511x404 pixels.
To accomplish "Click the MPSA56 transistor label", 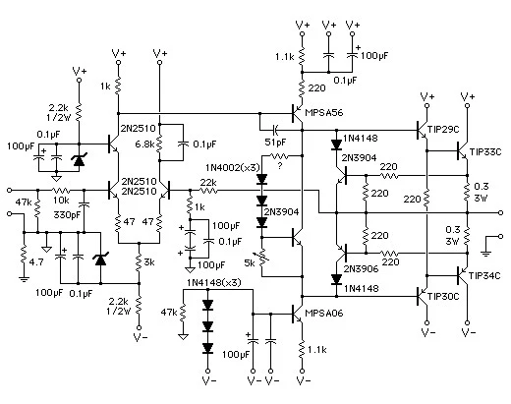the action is click(x=323, y=113).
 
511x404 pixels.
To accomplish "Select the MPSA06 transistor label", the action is click(x=324, y=314).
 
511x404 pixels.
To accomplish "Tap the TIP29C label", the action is click(x=443, y=130).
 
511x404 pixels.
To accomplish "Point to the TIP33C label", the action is click(x=485, y=152).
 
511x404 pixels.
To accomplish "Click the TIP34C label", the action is click(x=484, y=276).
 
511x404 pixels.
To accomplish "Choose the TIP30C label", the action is click(x=443, y=297).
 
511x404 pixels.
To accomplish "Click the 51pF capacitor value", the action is click(x=275, y=143).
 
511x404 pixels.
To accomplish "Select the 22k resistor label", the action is click(x=208, y=182).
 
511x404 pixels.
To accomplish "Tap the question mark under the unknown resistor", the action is click(x=279, y=166).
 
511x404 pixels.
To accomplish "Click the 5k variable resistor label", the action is click(x=250, y=262).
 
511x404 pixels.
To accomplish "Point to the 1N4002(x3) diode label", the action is click(x=233, y=168).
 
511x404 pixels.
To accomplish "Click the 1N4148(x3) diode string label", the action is click(x=214, y=282).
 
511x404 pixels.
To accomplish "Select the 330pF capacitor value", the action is click(x=67, y=215).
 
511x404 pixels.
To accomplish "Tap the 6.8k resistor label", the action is click(x=144, y=144).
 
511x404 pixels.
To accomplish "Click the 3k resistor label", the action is click(x=149, y=262).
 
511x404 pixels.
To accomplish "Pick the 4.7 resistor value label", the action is click(x=36, y=262).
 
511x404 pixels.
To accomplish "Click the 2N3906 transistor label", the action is click(x=361, y=268).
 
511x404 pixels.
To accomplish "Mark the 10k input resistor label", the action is click(x=61, y=200).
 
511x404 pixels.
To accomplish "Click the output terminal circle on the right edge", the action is click(x=500, y=213).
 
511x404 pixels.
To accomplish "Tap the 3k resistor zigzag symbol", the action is click(x=139, y=262).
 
